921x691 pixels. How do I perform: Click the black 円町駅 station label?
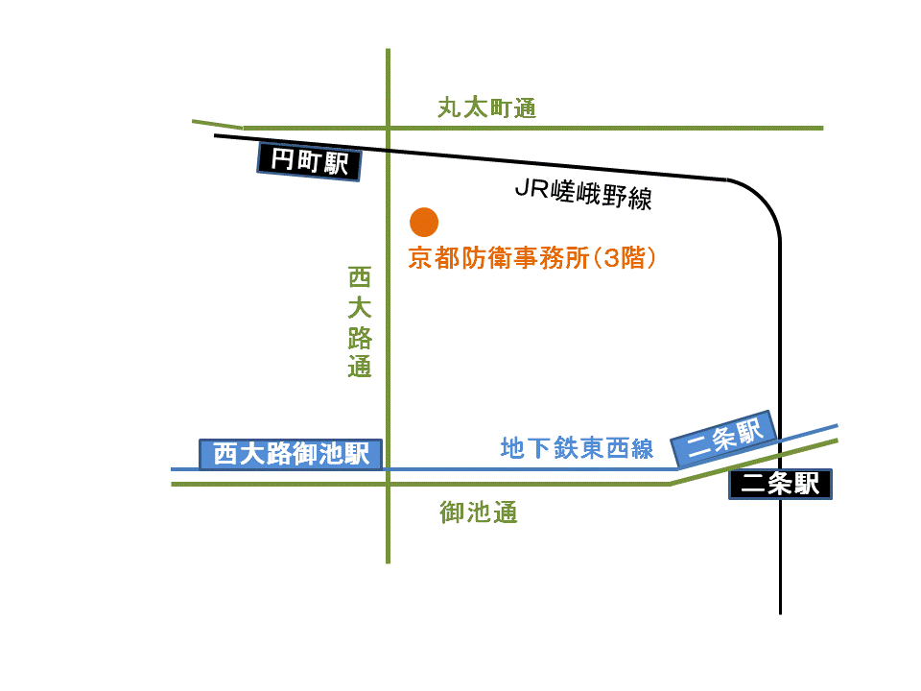pyautogui.click(x=309, y=161)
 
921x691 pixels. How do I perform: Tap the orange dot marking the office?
pyautogui.click(x=424, y=222)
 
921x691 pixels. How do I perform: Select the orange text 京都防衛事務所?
pyautogui.click(x=499, y=258)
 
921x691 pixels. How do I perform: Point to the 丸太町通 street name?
pyautogui.click(x=487, y=108)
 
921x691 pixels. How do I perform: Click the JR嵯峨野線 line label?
pyautogui.click(x=583, y=193)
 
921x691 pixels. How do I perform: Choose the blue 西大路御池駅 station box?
pyautogui.click(x=291, y=454)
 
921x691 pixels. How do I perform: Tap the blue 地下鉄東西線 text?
pyautogui.click(x=577, y=448)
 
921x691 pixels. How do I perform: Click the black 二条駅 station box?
pyautogui.click(x=780, y=484)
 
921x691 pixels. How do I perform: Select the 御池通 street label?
pyautogui.click(x=478, y=512)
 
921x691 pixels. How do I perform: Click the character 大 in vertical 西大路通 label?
pyautogui.click(x=360, y=307)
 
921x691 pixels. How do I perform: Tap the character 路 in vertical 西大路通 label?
pyautogui.click(x=360, y=337)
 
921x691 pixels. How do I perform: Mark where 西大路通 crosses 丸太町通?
pyautogui.click(x=389, y=128)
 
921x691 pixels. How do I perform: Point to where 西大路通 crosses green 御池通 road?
pyautogui.click(x=389, y=484)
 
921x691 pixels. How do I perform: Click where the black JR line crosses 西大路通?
pyautogui.click(x=389, y=151)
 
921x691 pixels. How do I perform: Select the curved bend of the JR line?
pyautogui.click(x=765, y=200)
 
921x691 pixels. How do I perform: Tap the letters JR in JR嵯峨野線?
pyautogui.click(x=531, y=188)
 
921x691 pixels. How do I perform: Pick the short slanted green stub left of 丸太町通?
pyautogui.click(x=218, y=124)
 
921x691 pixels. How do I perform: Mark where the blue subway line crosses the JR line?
pyautogui.click(x=780, y=441)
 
